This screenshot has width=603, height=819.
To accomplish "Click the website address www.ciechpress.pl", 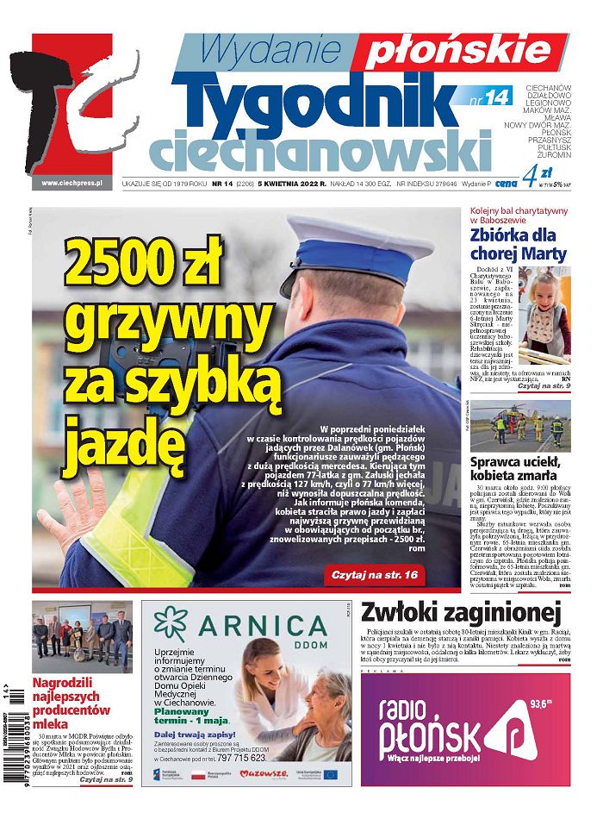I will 72,183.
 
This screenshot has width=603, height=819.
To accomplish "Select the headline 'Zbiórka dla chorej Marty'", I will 519,243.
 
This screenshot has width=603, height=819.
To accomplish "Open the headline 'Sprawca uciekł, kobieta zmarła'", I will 519,471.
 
